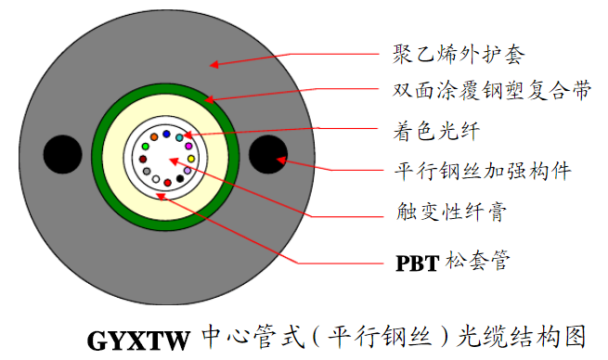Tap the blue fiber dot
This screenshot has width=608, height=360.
coord(166,134)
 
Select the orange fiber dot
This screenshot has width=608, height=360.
coord(154,137)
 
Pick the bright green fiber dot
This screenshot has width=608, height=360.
coord(145,147)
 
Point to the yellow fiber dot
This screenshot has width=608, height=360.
coord(191,159)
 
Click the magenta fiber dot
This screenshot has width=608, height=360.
coord(188,146)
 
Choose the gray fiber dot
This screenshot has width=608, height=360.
coord(147,171)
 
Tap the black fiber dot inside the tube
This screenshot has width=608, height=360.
coord(180,178)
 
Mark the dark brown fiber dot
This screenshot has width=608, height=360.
coord(143,159)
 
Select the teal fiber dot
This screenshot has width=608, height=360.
coord(179,137)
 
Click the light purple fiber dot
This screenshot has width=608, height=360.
coord(188,171)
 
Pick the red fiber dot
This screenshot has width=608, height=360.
coord(168,183)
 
